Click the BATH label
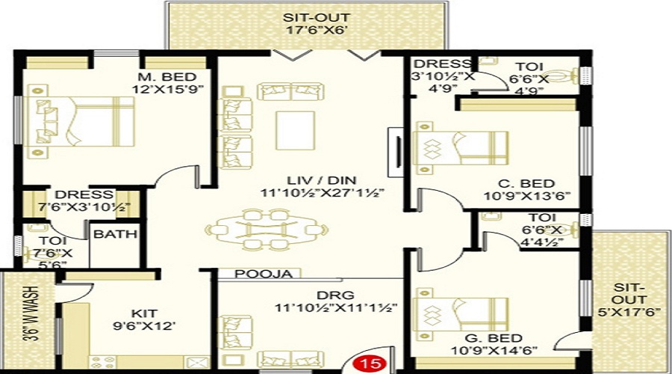[115, 233]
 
